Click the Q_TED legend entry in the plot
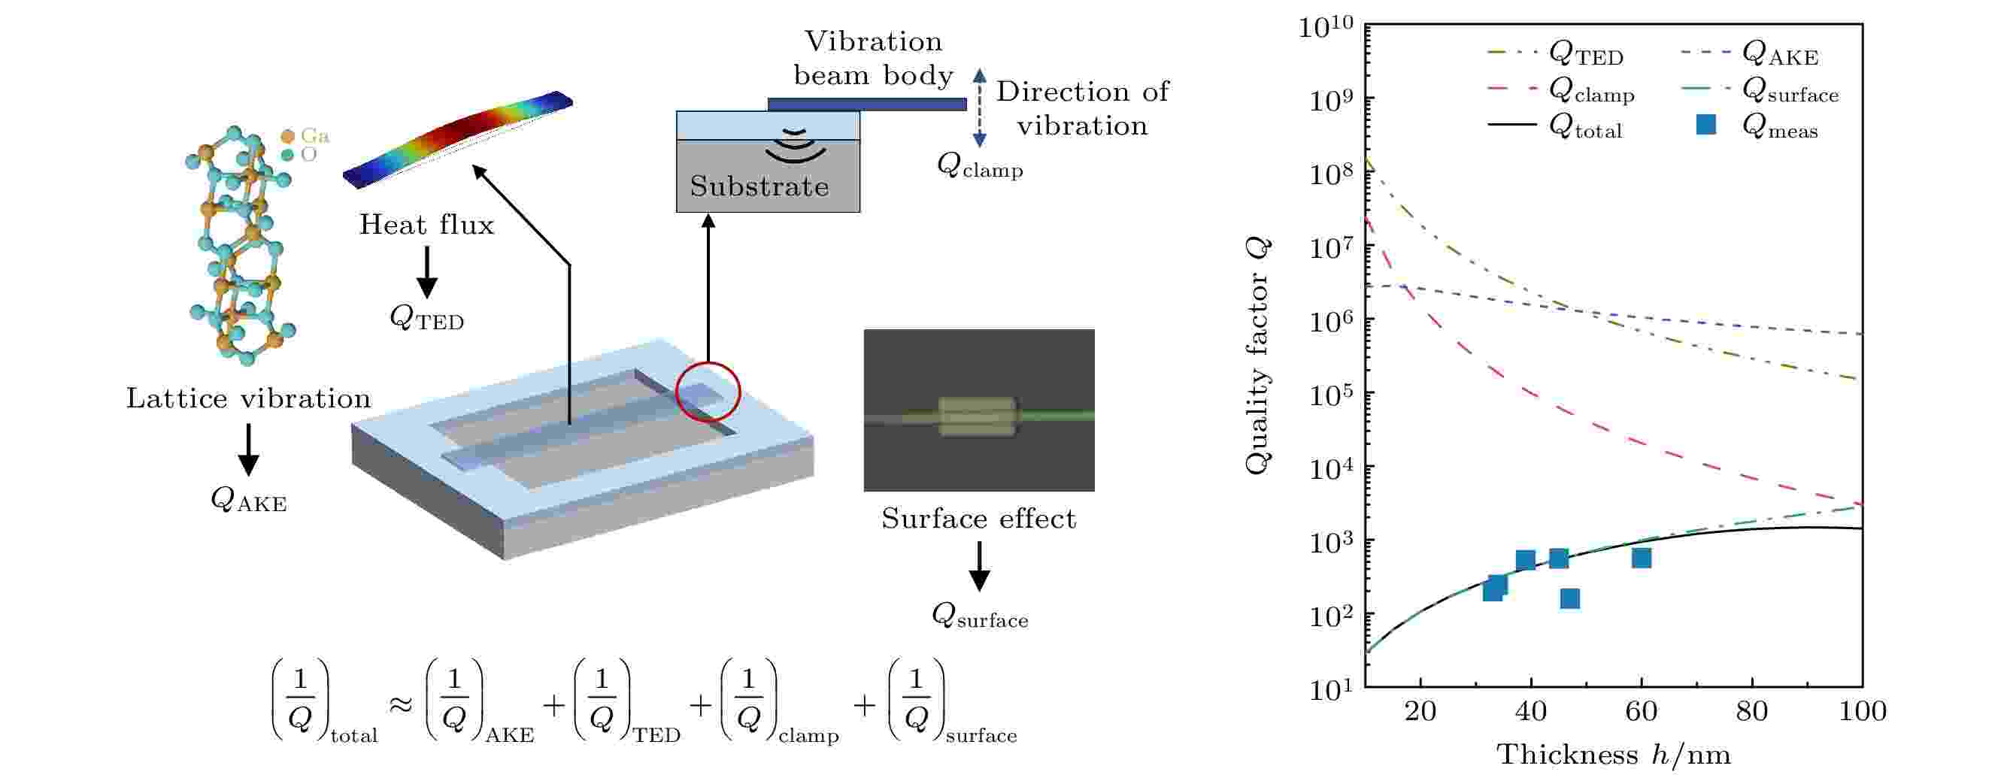[x=1554, y=53]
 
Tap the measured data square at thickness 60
[x=1641, y=558]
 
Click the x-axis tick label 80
[x=1752, y=711]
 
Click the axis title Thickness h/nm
[x=1614, y=755]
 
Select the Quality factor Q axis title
[x=1257, y=356]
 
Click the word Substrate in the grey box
[x=759, y=186]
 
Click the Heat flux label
[x=426, y=225]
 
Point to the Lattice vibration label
[x=248, y=398]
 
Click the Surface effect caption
[x=978, y=519]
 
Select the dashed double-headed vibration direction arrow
[x=979, y=107]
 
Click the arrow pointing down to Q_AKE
[x=248, y=450]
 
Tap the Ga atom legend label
[x=314, y=135]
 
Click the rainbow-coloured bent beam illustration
[x=457, y=139]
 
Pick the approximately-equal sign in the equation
[x=401, y=704]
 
